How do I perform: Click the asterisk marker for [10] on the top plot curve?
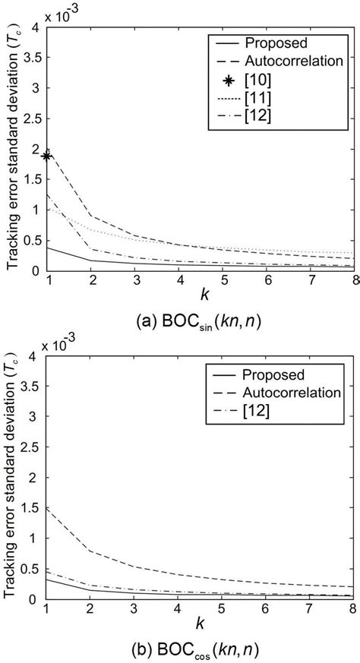click(x=47, y=156)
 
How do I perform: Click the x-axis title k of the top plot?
click(x=201, y=292)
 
